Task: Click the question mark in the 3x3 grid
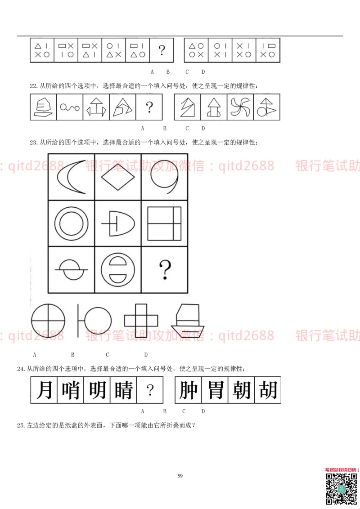pyautogui.click(x=165, y=270)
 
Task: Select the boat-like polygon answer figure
pyautogui.click(x=187, y=320)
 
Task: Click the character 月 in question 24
pyautogui.click(x=44, y=389)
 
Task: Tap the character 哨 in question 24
pyautogui.click(x=71, y=389)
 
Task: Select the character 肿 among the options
pyautogui.click(x=189, y=389)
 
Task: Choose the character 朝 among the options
pyautogui.click(x=241, y=389)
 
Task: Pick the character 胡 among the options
pyautogui.click(x=267, y=389)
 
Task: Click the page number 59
pyautogui.click(x=180, y=476)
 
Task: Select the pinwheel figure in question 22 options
pyautogui.click(x=240, y=107)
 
